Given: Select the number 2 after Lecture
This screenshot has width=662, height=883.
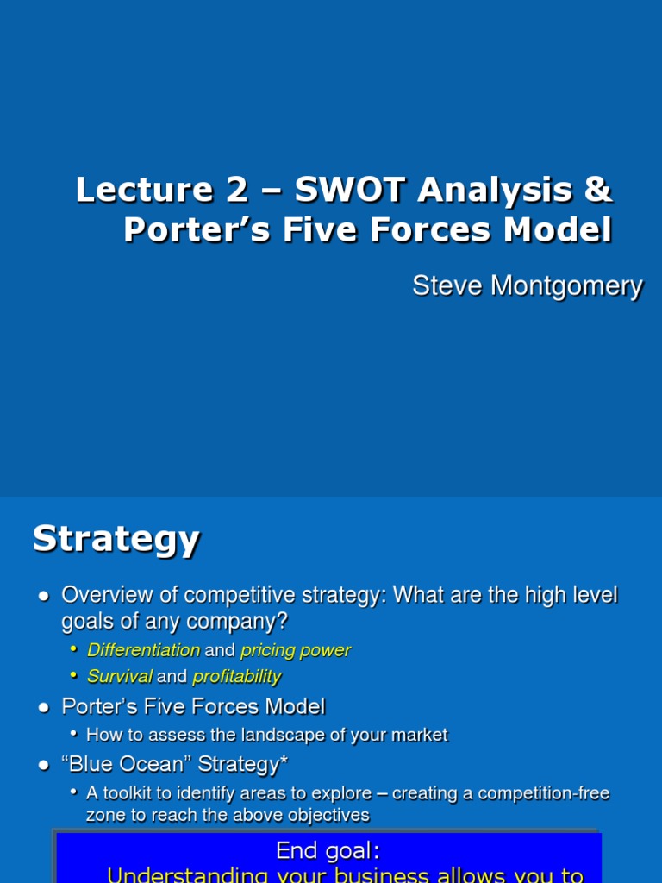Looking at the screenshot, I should coord(236,190).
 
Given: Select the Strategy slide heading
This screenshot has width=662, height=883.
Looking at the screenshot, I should coord(116,540).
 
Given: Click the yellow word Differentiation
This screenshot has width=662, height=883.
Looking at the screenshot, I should coord(143,650).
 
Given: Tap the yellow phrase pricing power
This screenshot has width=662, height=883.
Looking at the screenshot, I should coord(296,650).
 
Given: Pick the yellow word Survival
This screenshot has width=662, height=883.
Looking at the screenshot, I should coord(120,677).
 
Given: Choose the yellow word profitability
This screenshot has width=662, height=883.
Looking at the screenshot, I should coord(237,677).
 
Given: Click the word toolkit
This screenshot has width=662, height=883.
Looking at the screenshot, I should coord(129,792).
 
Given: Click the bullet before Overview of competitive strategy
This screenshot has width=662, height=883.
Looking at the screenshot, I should coord(44,597).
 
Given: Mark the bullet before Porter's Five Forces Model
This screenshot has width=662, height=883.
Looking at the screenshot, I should coord(44,708).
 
